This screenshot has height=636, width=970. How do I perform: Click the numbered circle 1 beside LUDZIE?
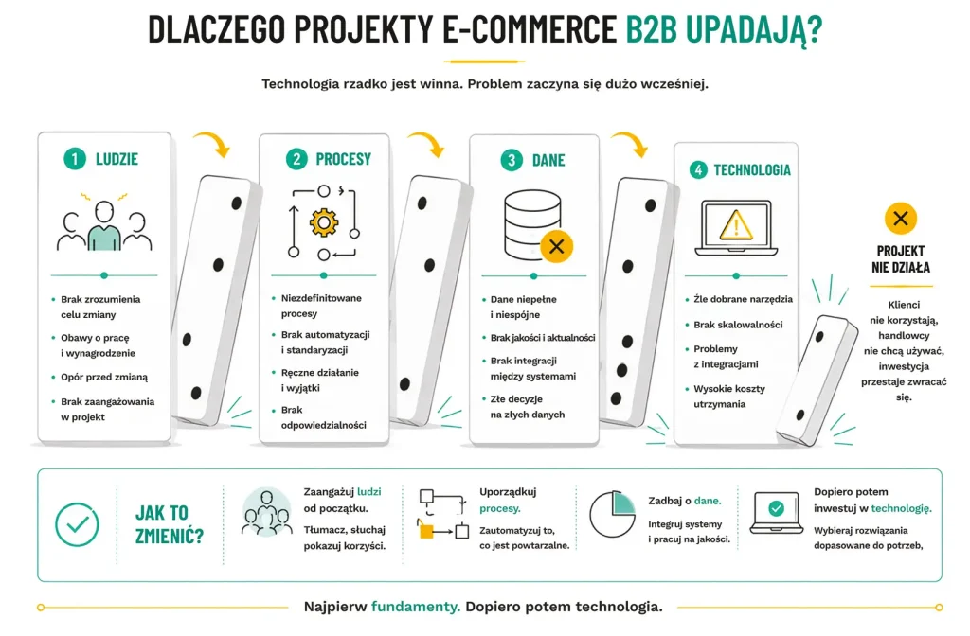pyautogui.click(x=75, y=159)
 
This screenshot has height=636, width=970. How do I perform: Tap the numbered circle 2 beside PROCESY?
pyautogui.click(x=296, y=159)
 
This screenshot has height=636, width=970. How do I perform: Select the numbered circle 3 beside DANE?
pyautogui.click(x=512, y=160)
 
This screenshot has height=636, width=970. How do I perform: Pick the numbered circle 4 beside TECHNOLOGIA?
pyautogui.click(x=698, y=169)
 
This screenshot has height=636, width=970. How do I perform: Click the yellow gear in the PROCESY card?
pyautogui.click(x=324, y=222)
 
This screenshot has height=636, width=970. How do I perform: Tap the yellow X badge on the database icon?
pyautogui.click(x=556, y=247)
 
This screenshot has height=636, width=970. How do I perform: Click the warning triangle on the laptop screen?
pyautogui.click(x=736, y=225)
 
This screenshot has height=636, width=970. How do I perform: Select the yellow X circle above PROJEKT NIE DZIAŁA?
pyautogui.click(x=901, y=219)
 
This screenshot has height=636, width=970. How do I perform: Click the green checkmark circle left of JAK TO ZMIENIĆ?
pyautogui.click(x=77, y=524)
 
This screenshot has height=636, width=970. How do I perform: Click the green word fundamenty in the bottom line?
pyautogui.click(x=416, y=607)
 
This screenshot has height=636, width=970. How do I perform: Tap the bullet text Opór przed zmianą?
pyautogui.click(x=104, y=377)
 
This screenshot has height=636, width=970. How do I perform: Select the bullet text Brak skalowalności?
pyautogui.click(x=738, y=325)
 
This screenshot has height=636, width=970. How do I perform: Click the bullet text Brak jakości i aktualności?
pyautogui.click(x=543, y=338)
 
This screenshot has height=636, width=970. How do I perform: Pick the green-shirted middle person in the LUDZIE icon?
pyautogui.click(x=104, y=227)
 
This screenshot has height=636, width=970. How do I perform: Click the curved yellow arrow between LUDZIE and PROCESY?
pyautogui.click(x=213, y=143)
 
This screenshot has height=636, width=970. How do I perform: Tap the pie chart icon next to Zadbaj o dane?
pyautogui.click(x=612, y=514)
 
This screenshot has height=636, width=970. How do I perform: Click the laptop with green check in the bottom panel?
pyautogui.click(x=777, y=512)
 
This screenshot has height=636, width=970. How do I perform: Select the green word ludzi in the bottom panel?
pyautogui.click(x=369, y=492)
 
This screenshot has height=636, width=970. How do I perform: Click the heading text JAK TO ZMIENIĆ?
pyautogui.click(x=169, y=524)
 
